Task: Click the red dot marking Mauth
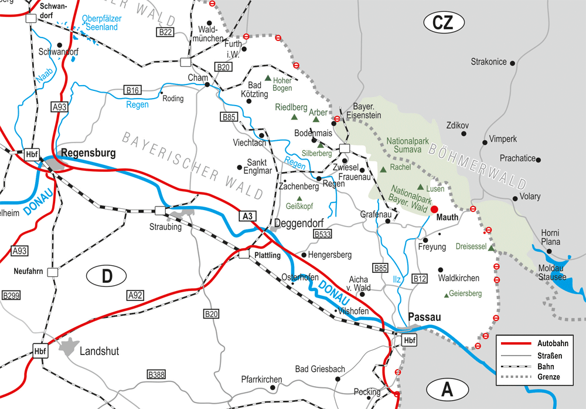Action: click(x=434, y=209)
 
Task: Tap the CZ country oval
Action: click(x=444, y=22)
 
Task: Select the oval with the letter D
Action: click(x=106, y=275)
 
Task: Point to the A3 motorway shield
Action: click(x=248, y=217)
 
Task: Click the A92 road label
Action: click(x=135, y=295)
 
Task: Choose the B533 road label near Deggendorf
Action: click(x=323, y=234)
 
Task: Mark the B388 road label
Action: click(x=156, y=374)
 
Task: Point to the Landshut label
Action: click(x=99, y=351)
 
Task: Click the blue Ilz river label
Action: click(x=397, y=279)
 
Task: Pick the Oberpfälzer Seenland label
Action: click(x=102, y=23)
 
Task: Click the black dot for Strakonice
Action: click(x=513, y=62)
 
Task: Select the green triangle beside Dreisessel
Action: click(x=491, y=248)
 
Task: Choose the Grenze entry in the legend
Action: click(x=548, y=376)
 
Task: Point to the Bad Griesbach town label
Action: click(x=320, y=369)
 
